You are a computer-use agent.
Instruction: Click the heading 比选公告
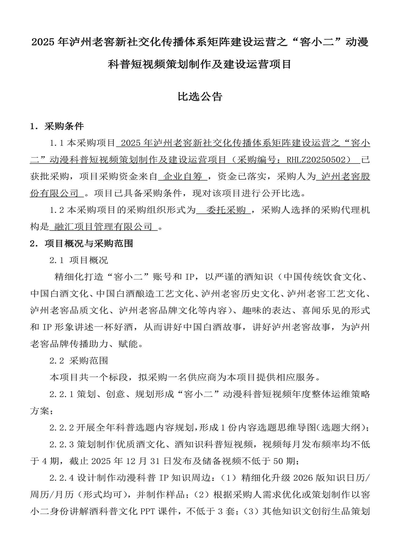pyautogui.click(x=200, y=97)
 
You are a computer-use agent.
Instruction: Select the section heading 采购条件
pyautogui.click(x=64, y=126)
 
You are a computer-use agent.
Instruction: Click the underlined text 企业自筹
pyautogui.click(x=183, y=176)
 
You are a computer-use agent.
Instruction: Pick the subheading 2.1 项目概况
pyautogui.click(x=79, y=260)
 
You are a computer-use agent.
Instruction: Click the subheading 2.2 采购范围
pyautogui.click(x=79, y=361)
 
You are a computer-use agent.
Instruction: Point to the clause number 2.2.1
pyautogui.click(x=62, y=394)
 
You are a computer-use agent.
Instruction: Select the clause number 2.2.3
pyautogui.click(x=62, y=444)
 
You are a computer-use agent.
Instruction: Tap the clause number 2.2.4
pyautogui.click(x=62, y=478)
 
